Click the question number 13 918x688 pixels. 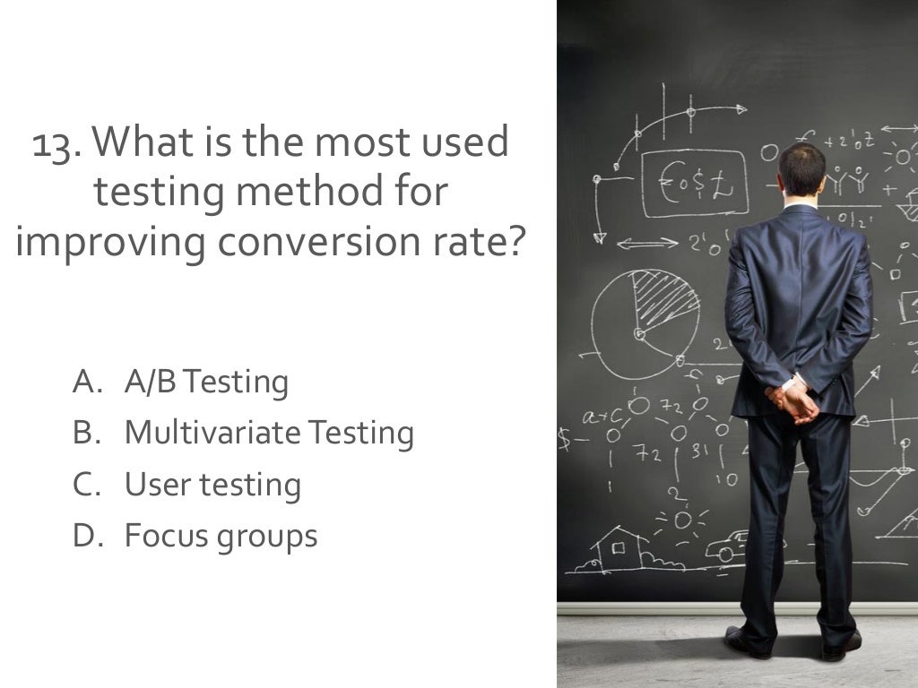click(56, 144)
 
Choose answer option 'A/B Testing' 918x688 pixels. click(206, 383)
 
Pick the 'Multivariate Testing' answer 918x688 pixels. click(269, 434)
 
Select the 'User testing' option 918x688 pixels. click(212, 486)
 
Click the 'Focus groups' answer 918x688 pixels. click(221, 537)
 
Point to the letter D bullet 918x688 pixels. click(84, 537)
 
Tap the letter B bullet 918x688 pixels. click(84, 434)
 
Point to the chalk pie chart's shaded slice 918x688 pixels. click(664, 297)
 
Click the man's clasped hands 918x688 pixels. click(793, 401)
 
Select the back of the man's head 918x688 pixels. click(801, 171)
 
